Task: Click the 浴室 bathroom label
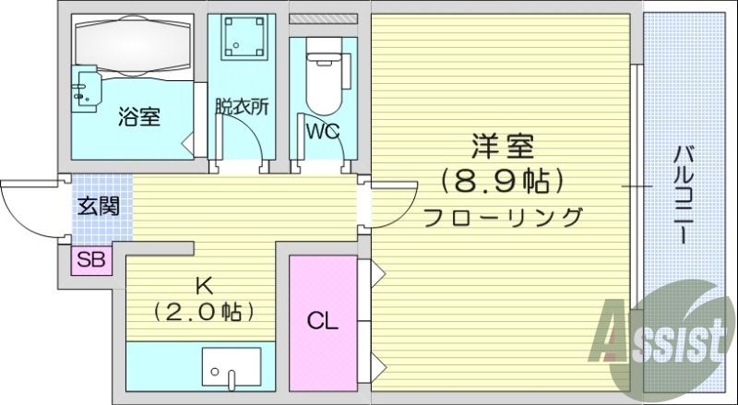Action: (x=139, y=117)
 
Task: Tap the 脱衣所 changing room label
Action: (x=242, y=106)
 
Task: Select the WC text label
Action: (x=323, y=130)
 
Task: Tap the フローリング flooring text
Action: (x=503, y=217)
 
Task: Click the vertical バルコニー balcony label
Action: (x=684, y=194)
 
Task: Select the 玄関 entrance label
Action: (x=97, y=205)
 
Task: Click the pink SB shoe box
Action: (x=91, y=260)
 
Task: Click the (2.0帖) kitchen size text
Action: (x=204, y=312)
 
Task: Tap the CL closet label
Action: (x=322, y=322)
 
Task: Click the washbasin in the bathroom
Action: (x=89, y=88)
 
